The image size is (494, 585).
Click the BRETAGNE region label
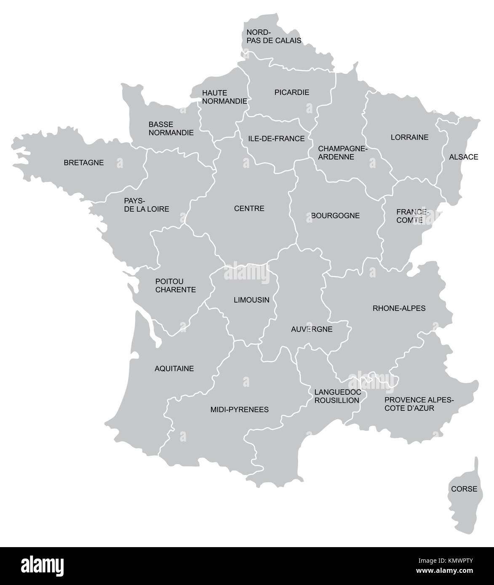pyautogui.click(x=83, y=162)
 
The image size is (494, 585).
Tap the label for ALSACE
pyautogui.click(x=463, y=157)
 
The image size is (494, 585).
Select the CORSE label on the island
pyautogui.click(x=464, y=489)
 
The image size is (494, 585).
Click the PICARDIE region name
pyautogui.click(x=291, y=92)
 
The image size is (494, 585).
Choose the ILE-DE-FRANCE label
pyautogui.click(x=276, y=138)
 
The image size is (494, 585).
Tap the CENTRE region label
pyautogui.click(x=249, y=208)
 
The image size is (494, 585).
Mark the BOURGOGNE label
pyautogui.click(x=335, y=215)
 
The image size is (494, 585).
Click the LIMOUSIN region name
pyautogui.click(x=251, y=300)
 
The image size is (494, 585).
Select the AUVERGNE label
pyautogui.click(x=312, y=329)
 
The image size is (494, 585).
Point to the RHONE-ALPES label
pyautogui.click(x=399, y=308)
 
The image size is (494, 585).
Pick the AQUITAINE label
pyautogui.click(x=174, y=369)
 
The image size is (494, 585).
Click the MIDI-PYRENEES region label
pyautogui.click(x=239, y=409)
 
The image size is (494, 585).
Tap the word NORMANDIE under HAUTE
pyautogui.click(x=224, y=101)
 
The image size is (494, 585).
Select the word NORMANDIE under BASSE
pyautogui.click(x=171, y=133)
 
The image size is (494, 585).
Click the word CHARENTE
pyautogui.click(x=175, y=290)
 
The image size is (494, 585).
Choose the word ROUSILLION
pyautogui.click(x=336, y=400)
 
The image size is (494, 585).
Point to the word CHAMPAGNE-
pyautogui.click(x=343, y=149)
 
